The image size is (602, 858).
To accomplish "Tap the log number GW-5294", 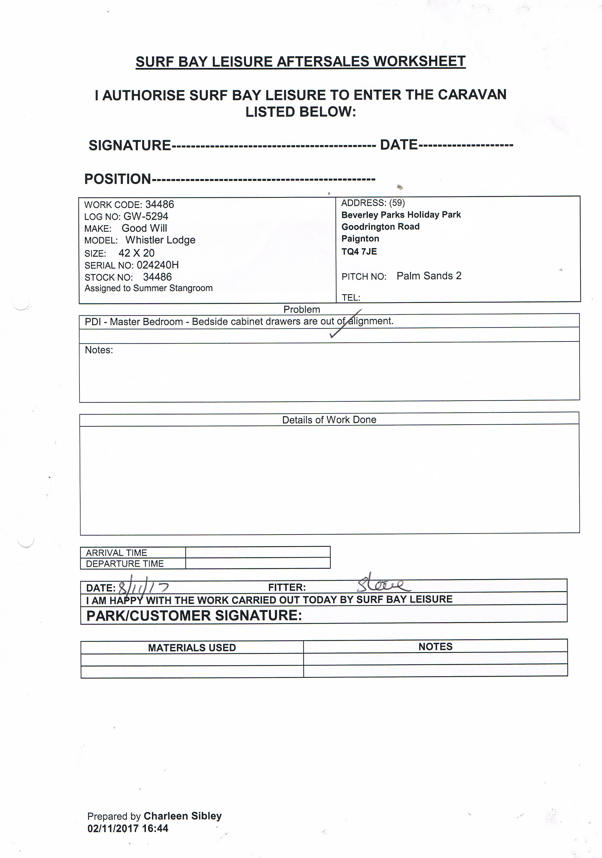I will pyautogui.click(x=146, y=216).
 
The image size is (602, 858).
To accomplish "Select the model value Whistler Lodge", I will pyautogui.click(x=160, y=240).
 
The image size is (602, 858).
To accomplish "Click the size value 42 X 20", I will pyautogui.click(x=136, y=253).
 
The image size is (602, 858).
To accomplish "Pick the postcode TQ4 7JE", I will pyautogui.click(x=359, y=251).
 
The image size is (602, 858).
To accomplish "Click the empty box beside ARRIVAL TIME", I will pyautogui.click(x=258, y=552).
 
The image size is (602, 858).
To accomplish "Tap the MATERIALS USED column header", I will pyautogui.click(x=192, y=647).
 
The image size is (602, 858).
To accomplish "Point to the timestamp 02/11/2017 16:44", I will pyautogui.click(x=128, y=829).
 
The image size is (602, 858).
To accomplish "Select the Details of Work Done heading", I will pyautogui.click(x=329, y=420).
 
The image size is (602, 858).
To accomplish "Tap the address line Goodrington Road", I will pyautogui.click(x=380, y=226).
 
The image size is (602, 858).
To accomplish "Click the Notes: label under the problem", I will pyautogui.click(x=99, y=350).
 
